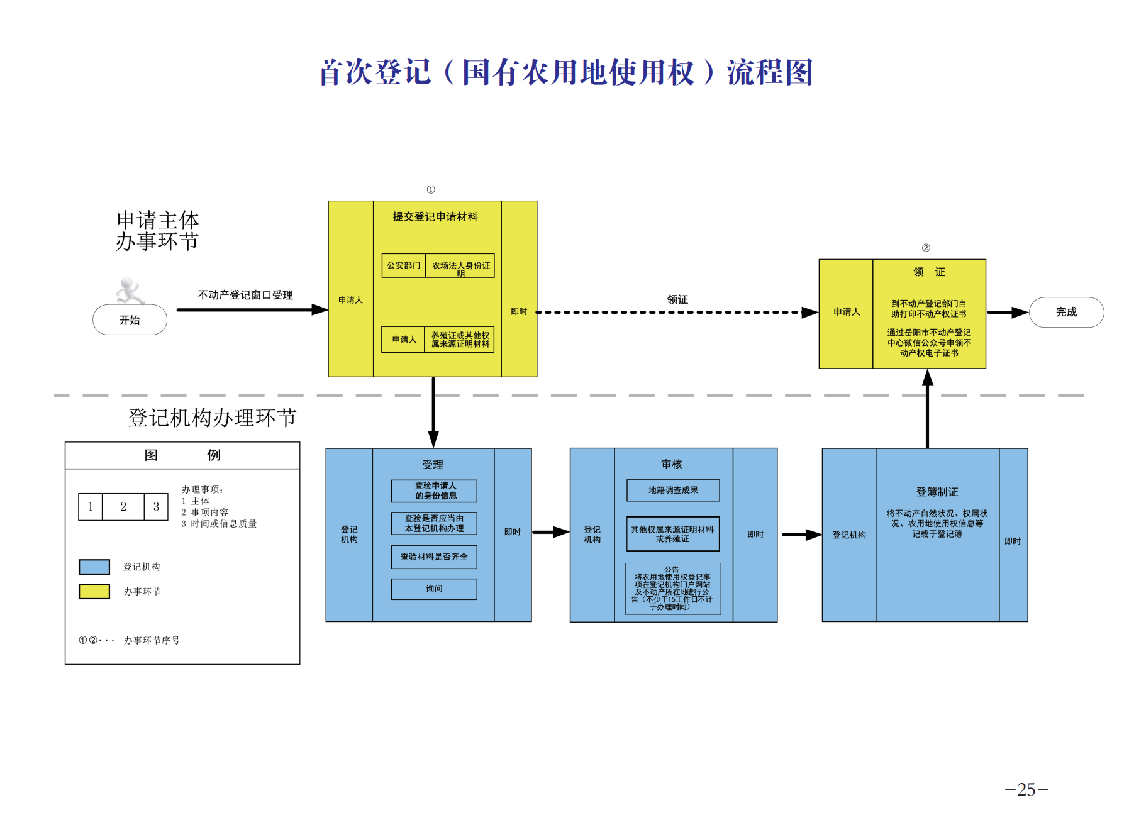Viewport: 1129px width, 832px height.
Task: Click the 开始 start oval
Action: [x=130, y=320]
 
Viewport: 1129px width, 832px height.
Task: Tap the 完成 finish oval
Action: [x=1066, y=312]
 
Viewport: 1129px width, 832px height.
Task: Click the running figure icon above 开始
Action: [x=130, y=291]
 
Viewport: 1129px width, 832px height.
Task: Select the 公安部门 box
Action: [x=404, y=265]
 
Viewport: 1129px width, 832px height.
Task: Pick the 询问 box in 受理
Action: [x=434, y=589]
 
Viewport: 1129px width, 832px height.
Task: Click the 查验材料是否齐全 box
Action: [x=434, y=557]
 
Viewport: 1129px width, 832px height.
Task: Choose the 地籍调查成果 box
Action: [x=673, y=490]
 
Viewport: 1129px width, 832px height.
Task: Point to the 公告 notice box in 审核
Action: [x=673, y=589]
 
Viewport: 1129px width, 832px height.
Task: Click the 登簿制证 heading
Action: [x=937, y=492]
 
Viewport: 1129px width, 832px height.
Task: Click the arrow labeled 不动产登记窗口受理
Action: [x=252, y=309]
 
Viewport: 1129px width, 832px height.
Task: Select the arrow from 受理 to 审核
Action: [x=550, y=532]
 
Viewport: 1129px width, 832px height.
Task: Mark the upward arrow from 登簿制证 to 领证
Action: [x=928, y=409]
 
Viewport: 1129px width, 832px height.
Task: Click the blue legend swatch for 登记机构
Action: [x=94, y=567]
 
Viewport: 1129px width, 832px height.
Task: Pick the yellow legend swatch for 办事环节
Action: [x=94, y=591]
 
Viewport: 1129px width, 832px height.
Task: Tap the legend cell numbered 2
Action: [x=123, y=507]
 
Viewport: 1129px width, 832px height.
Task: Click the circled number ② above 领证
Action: [x=926, y=248]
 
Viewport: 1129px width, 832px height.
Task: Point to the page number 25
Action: [x=1026, y=789]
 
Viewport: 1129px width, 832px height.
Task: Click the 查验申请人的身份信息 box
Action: [x=434, y=491]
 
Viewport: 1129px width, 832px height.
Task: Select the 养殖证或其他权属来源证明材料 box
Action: [x=460, y=340]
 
